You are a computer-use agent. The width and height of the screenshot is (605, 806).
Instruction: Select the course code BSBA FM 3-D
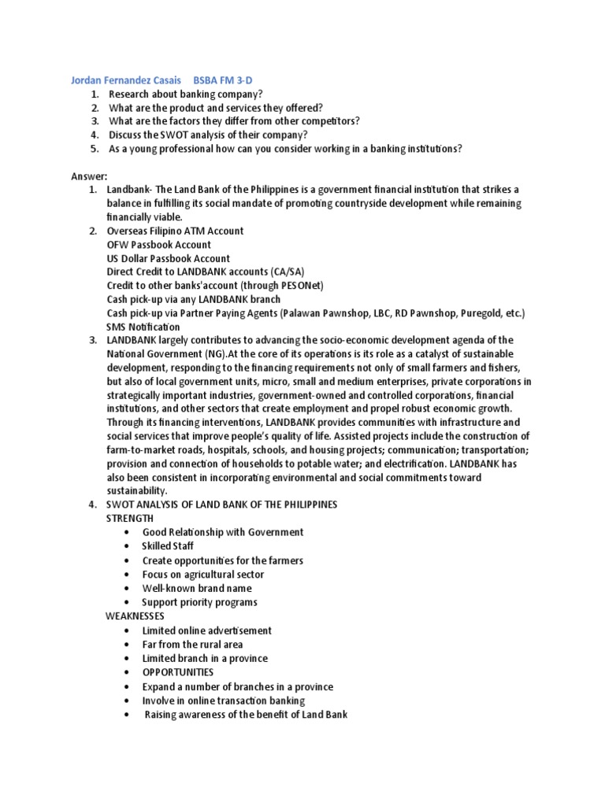[228, 79]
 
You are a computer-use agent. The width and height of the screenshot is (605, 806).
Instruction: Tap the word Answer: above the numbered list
[89, 176]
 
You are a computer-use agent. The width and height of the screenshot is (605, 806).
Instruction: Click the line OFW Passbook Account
[159, 245]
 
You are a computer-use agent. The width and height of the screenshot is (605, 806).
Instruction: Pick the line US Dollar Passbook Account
[169, 258]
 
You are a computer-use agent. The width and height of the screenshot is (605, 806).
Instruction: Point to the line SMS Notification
[143, 327]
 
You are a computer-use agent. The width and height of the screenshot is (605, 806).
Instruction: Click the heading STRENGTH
[130, 519]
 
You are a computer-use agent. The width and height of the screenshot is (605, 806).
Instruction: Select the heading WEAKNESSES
[135, 616]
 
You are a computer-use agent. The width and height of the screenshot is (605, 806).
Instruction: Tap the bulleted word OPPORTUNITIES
[177, 672]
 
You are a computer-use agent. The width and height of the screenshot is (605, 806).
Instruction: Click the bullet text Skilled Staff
[167, 546]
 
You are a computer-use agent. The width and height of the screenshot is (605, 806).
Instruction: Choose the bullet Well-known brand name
[197, 588]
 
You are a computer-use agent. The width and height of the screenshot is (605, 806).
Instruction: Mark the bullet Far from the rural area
[192, 644]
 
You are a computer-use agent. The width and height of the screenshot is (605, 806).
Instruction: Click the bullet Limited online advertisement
[206, 630]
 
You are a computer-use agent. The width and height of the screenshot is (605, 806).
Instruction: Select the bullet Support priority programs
[199, 602]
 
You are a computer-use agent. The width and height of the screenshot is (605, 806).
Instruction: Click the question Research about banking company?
[174, 94]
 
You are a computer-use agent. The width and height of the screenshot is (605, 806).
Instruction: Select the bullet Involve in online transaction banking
[223, 700]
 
